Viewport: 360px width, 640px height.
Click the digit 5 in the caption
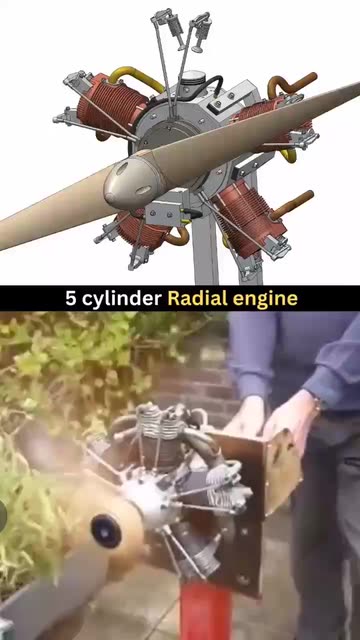[x=71, y=299]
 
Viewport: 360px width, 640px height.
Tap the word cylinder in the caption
[x=121, y=299]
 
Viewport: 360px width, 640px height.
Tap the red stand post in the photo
[x=205, y=610]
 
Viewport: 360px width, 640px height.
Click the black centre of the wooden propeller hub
[x=106, y=531]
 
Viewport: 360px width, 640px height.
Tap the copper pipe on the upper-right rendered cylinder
[x=292, y=84]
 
